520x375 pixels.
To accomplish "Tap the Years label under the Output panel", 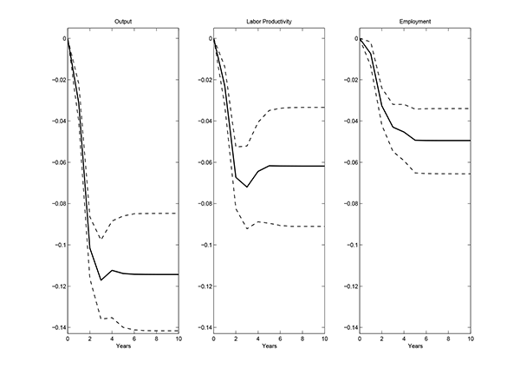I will (123, 346).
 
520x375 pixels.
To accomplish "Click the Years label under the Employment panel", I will (414, 346).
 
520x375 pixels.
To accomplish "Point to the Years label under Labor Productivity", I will (269, 346).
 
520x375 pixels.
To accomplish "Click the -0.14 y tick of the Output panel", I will (54, 327).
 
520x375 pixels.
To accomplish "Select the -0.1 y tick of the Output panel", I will (56, 245).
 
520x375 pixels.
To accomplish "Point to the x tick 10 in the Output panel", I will (179, 338).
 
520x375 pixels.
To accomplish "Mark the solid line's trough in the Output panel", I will (101, 280).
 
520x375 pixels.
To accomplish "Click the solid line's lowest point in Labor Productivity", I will (247, 187).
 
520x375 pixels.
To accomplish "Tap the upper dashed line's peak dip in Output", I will (101, 239).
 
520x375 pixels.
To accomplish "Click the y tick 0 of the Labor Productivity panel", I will (207, 38).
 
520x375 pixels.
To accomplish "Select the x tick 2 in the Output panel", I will (90, 338).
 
